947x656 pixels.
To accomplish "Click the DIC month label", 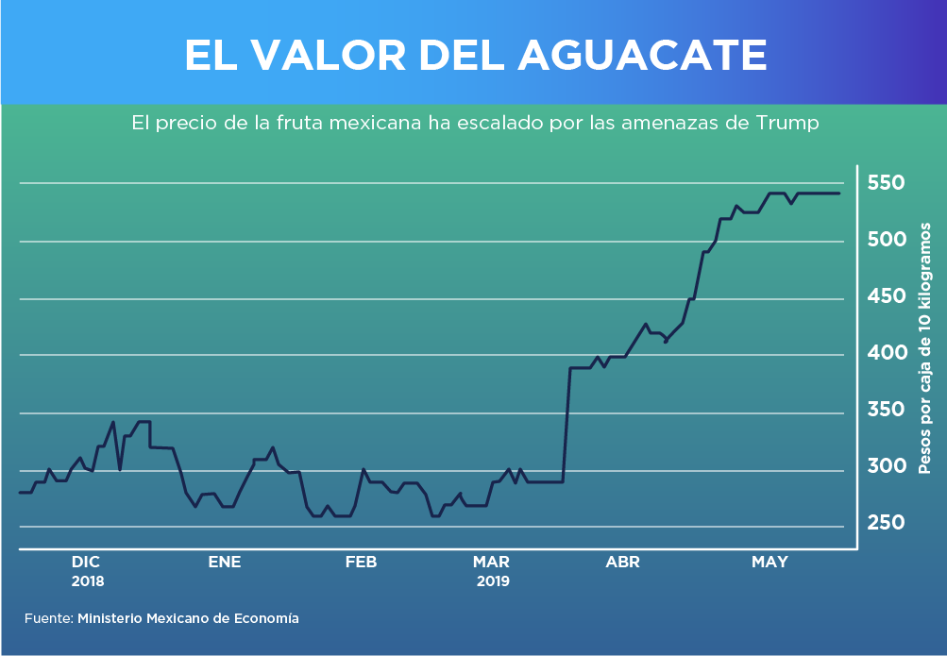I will coord(86,562).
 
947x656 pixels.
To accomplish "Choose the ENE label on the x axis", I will coord(225,562).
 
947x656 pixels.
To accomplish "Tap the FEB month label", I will coord(361,562).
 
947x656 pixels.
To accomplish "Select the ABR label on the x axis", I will coord(622,562).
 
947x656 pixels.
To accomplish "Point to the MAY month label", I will coord(769,562).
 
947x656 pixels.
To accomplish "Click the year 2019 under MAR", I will coord(491,581).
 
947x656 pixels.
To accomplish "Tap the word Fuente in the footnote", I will coord(48,618).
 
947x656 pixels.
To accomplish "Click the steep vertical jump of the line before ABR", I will coord(567,425).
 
